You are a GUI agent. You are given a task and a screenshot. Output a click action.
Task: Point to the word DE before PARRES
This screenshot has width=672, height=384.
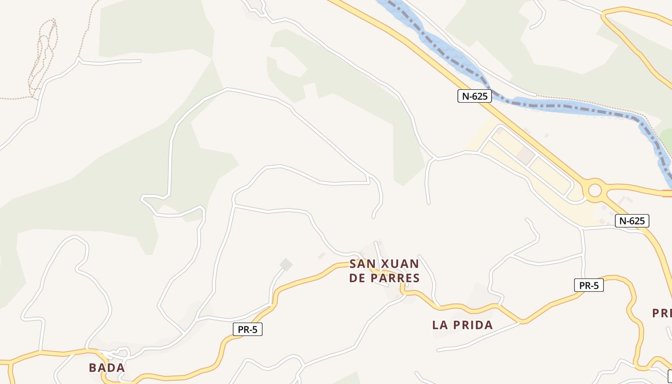358,278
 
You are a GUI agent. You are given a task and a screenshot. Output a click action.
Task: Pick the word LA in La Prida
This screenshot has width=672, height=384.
441,325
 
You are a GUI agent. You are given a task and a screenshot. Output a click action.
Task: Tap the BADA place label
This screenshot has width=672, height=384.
107,368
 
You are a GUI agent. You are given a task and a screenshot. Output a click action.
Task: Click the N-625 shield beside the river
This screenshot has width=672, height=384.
474,96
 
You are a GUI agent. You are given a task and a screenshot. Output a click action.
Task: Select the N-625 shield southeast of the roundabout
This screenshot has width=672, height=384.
632,221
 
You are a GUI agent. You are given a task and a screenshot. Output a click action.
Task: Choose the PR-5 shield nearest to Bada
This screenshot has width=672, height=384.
247,329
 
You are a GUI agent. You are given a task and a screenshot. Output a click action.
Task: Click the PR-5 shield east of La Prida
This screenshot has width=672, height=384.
588,285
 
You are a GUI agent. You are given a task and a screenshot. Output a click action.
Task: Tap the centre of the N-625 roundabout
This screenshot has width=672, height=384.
594,191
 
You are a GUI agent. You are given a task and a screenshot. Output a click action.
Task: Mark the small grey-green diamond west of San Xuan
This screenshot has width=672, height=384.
286,264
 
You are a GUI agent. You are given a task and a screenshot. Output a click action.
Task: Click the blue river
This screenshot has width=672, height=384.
566,107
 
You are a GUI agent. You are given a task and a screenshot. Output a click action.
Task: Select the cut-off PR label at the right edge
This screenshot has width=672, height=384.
662,313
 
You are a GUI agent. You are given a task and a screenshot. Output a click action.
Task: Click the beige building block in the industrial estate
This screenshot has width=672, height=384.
526,155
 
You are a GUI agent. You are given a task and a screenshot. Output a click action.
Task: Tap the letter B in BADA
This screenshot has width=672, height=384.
93,368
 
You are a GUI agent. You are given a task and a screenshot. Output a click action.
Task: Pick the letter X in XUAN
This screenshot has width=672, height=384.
384,264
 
